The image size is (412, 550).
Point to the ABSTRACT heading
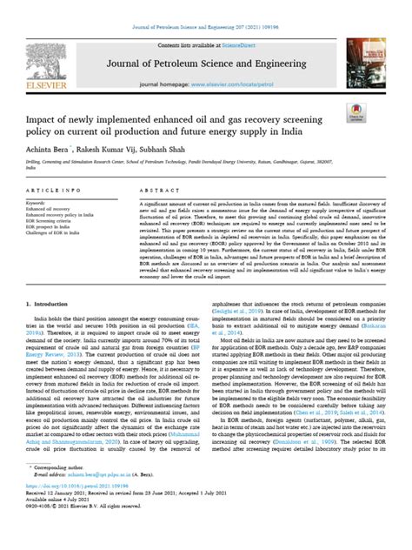coord(157,189)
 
